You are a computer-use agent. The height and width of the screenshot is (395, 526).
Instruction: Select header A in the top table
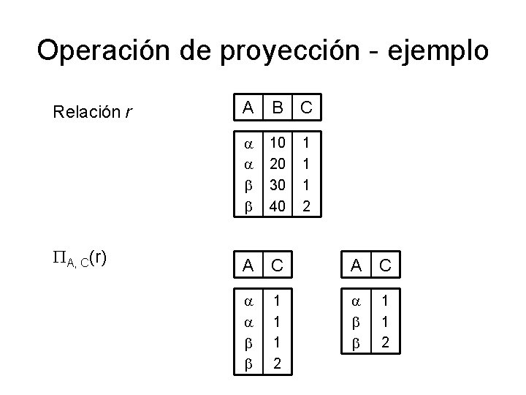(x=249, y=108)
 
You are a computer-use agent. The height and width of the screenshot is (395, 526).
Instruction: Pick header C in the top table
(x=306, y=108)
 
